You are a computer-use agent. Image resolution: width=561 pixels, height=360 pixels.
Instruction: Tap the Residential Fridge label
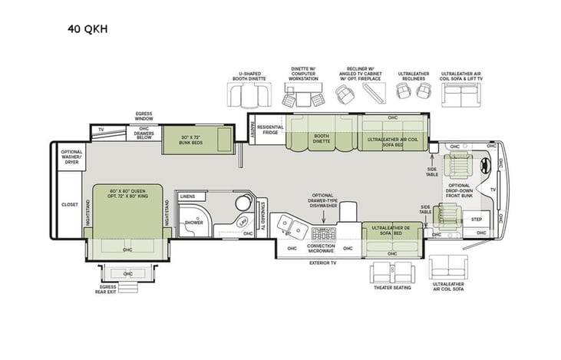[x=270, y=130]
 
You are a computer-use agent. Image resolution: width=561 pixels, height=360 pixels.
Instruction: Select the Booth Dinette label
[x=321, y=139]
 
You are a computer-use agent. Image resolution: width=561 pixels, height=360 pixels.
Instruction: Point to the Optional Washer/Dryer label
[x=71, y=157]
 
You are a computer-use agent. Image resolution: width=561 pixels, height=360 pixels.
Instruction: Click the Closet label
[x=69, y=205]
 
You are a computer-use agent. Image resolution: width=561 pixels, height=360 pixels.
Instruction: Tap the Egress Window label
[x=144, y=115]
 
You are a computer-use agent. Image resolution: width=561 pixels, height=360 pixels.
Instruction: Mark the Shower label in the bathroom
[x=193, y=223]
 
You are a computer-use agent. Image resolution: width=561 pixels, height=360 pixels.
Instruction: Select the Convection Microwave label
[x=321, y=248]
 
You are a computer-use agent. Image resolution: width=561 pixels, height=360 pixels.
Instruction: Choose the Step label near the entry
[x=477, y=220]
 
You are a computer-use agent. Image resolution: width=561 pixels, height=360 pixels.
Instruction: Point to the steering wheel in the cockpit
[x=485, y=164]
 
